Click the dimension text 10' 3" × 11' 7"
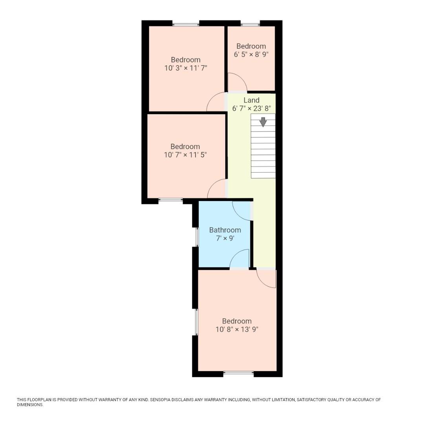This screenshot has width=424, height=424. [186, 68]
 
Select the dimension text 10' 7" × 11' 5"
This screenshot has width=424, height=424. [185, 155]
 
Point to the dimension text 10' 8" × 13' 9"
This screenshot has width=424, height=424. [237, 329]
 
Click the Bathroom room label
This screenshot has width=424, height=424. [225, 230]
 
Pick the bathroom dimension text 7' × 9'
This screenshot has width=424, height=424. [225, 238]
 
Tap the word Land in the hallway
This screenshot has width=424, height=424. [251, 100]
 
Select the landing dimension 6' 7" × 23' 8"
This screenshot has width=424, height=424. [251, 108]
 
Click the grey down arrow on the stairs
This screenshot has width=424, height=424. [263, 122]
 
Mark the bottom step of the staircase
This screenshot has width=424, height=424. [263, 175]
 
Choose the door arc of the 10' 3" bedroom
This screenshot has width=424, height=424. [216, 102]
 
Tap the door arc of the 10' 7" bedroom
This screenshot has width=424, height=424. [217, 189]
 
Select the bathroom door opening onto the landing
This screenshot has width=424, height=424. [242, 210]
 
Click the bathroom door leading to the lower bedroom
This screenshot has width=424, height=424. [239, 259]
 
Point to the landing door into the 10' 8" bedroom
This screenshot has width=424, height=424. [267, 278]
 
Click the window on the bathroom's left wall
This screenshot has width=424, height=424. [197, 237]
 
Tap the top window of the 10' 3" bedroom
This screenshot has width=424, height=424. [186, 24]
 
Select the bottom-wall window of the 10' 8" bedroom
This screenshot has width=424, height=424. [238, 373]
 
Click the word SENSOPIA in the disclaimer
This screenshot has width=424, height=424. [164, 400]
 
